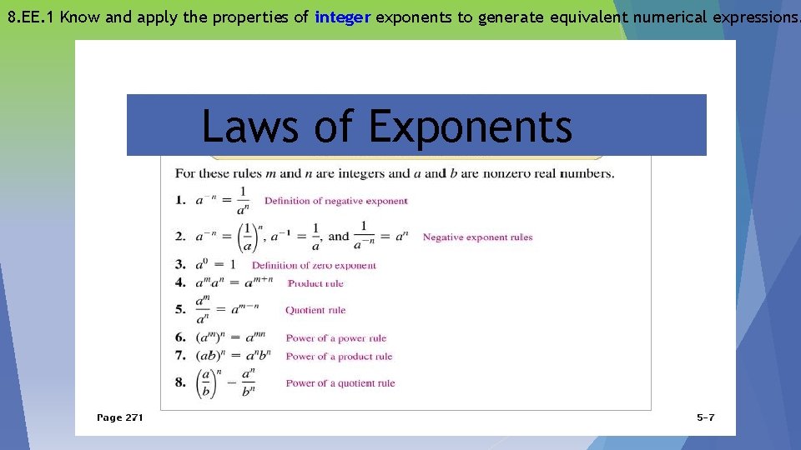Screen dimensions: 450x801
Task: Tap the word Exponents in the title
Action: coord(470,127)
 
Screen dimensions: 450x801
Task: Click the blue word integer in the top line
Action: coord(343,17)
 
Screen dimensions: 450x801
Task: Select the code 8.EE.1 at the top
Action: coord(31,17)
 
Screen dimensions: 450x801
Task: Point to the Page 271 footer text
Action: coord(120,417)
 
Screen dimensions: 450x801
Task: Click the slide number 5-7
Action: coord(705,417)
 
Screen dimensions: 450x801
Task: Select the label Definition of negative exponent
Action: coord(335,201)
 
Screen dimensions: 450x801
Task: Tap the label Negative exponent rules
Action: coord(477,237)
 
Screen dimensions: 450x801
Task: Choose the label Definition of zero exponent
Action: coord(314,266)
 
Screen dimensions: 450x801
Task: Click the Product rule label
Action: coord(315,283)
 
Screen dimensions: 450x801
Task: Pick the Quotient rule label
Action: coord(315,310)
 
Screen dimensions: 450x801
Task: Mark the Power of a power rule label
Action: coord(336,338)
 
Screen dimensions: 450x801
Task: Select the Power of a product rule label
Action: coord(339,357)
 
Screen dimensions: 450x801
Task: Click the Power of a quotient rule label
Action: coord(340,383)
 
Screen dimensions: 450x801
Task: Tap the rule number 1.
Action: coord(179,200)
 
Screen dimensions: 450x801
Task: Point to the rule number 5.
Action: coord(179,309)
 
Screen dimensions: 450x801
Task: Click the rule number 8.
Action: coord(179,382)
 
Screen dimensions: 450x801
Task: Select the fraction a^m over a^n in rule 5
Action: coord(203,309)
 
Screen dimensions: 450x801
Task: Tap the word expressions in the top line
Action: coord(747,17)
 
